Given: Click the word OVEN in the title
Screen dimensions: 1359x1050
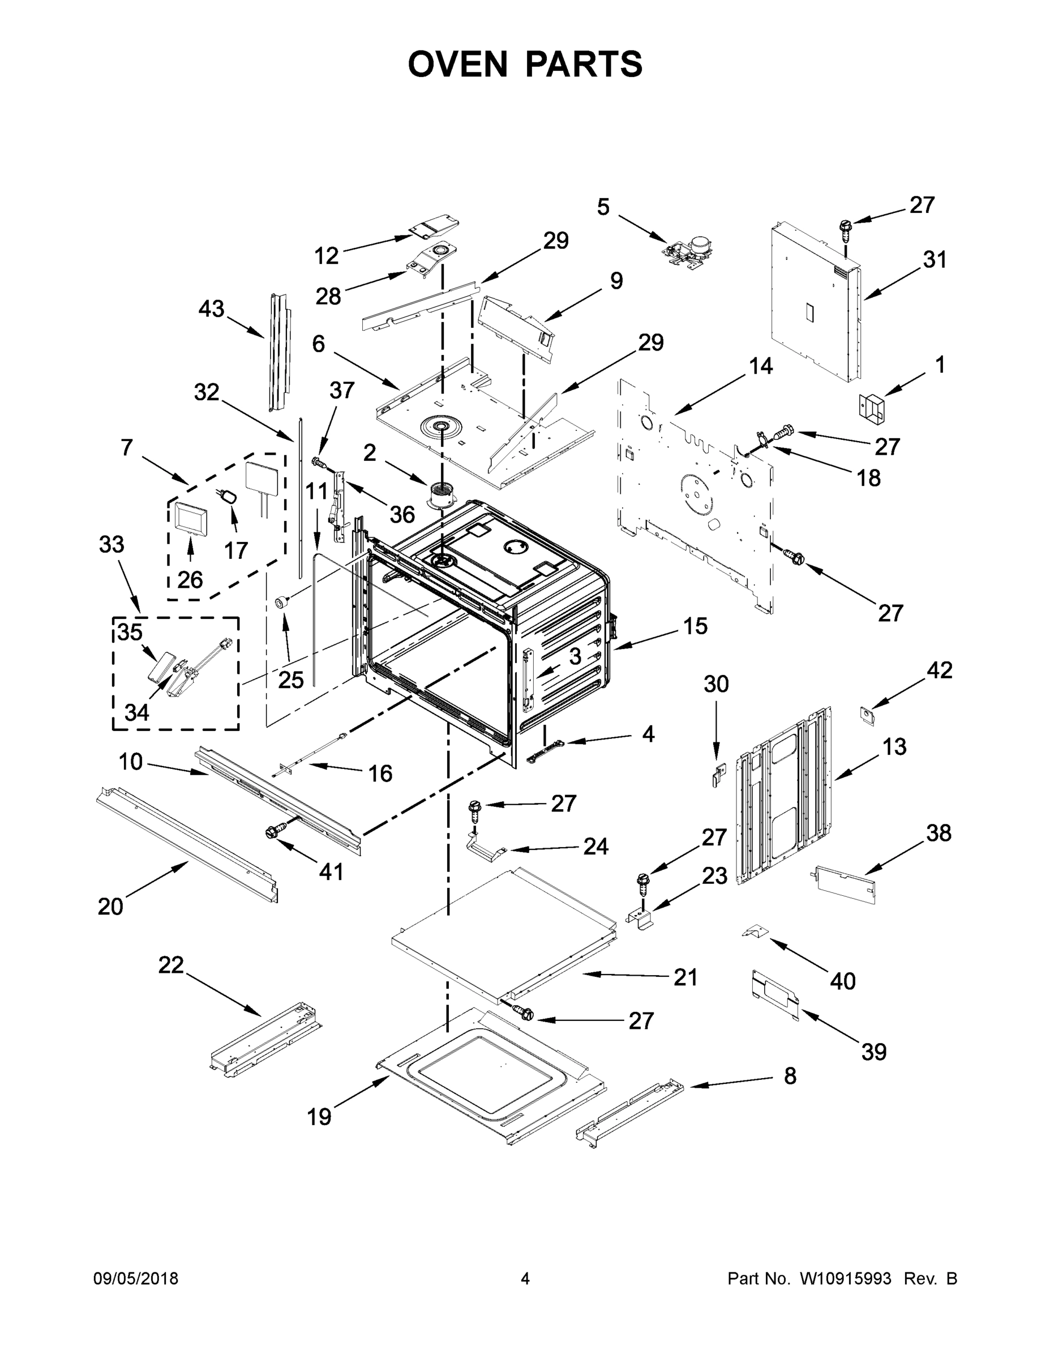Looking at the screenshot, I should point(458,64).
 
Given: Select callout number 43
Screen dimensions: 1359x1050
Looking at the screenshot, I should point(211,309).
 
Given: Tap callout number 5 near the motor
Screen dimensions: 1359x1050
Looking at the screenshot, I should point(603,207).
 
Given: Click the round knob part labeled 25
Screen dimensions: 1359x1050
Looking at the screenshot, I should point(284,601).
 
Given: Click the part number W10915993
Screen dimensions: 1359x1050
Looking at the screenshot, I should point(845,1278).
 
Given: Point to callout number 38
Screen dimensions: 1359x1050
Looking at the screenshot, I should point(938,832).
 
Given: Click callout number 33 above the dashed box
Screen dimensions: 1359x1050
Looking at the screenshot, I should point(112,545).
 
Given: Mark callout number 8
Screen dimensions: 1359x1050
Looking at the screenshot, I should point(790,1075).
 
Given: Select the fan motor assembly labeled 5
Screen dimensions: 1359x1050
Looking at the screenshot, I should point(686,249).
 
